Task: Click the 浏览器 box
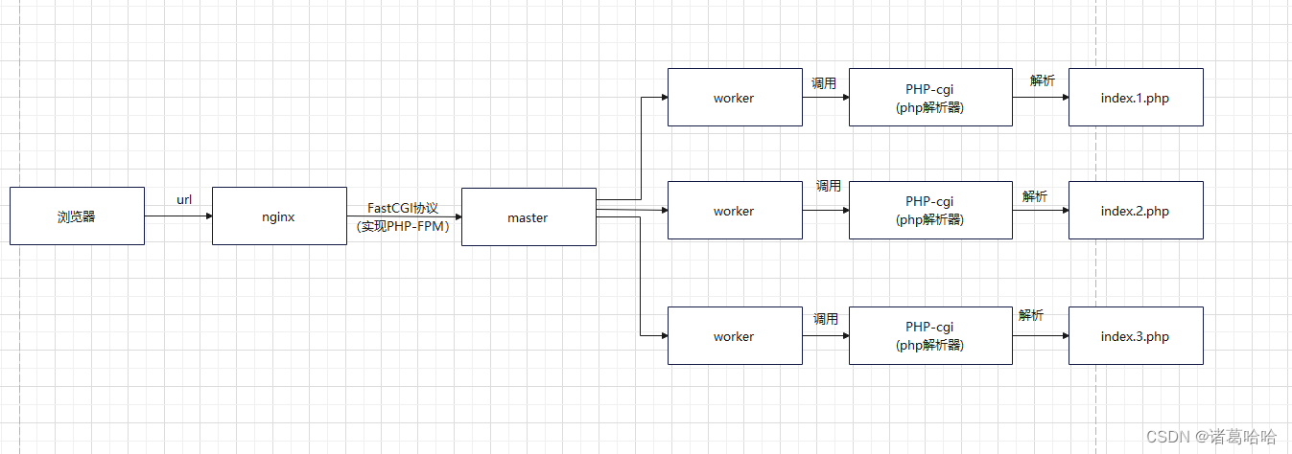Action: point(77,216)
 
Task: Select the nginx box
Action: point(279,216)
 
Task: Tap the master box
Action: point(529,217)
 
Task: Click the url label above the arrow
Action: point(184,199)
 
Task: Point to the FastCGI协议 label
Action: point(403,208)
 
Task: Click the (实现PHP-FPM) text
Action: point(403,227)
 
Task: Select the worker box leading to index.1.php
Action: point(735,98)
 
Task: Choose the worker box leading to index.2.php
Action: point(735,211)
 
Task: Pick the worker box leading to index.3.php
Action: point(735,336)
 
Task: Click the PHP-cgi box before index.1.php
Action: point(930,98)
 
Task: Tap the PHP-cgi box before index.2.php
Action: point(930,211)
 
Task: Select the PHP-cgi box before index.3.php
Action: point(930,336)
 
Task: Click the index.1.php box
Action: point(1136,98)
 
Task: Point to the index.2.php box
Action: point(1136,211)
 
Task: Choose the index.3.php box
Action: point(1136,336)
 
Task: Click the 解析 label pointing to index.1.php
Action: point(1043,80)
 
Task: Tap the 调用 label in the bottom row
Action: point(826,319)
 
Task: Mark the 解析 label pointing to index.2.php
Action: point(1035,196)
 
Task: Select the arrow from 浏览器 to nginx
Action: point(178,216)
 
